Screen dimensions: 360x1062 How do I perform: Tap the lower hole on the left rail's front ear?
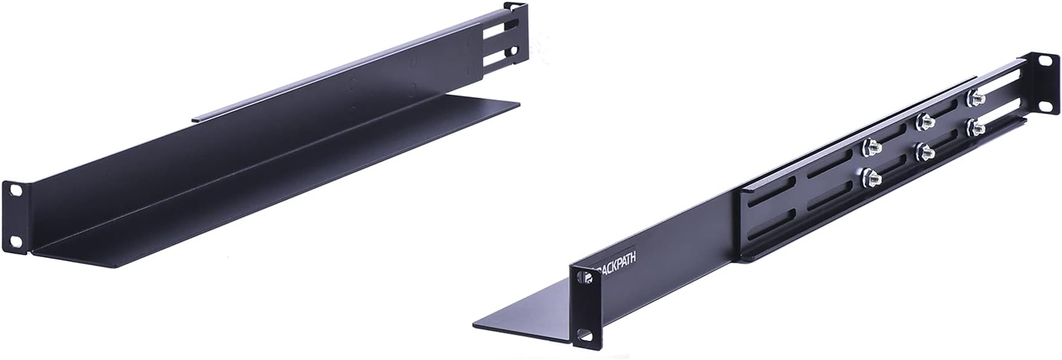(x=17, y=240)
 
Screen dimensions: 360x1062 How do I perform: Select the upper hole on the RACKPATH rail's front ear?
(x=586, y=280)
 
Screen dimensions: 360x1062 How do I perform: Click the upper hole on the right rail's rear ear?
(x=1045, y=62)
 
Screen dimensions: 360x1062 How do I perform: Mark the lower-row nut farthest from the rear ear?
(x=872, y=179)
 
